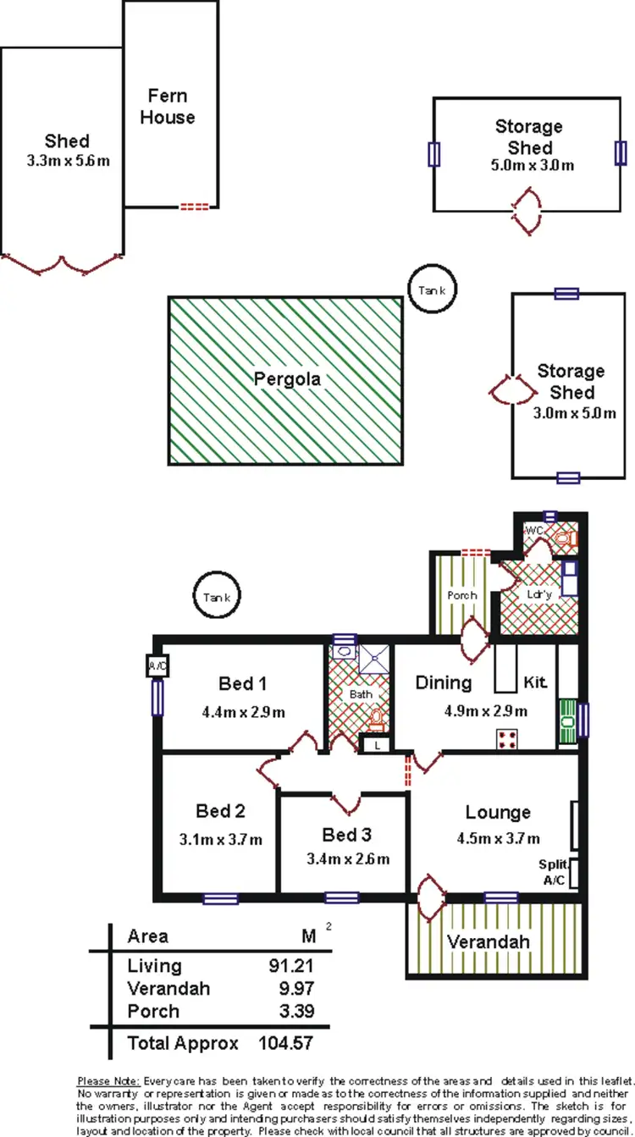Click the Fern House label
click(168, 107)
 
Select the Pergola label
click(288, 379)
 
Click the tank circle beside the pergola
click(432, 290)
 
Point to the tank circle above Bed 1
click(217, 597)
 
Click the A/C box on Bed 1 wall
click(157, 665)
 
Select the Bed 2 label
click(220, 811)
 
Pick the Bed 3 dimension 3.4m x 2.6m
click(347, 858)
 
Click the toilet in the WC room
click(564, 538)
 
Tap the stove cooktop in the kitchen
click(508, 739)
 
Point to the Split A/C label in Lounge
click(555, 872)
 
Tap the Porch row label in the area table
click(153, 1011)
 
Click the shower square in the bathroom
click(373, 658)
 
